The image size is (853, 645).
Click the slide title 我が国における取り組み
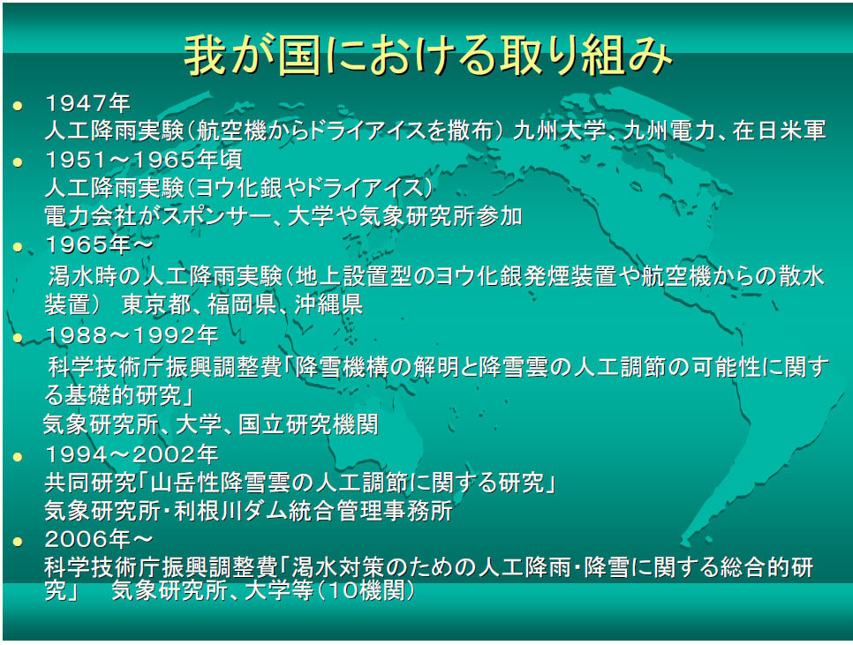point(427,56)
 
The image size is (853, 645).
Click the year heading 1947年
point(87,103)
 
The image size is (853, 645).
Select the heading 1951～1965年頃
point(144,160)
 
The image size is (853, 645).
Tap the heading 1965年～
point(99,244)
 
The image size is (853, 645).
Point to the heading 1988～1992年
point(132,335)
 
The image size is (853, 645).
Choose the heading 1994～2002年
point(132,454)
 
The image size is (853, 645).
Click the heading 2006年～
point(99,539)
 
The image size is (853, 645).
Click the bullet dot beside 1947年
point(18,105)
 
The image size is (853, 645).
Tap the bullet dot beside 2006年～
point(18,541)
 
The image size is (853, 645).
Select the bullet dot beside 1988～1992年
point(18,337)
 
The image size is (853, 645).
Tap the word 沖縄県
point(328,304)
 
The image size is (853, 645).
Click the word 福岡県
point(242,304)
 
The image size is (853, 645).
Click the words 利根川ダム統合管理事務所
point(313,511)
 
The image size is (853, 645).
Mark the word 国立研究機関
point(308,424)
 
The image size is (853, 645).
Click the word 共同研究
point(90,483)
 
